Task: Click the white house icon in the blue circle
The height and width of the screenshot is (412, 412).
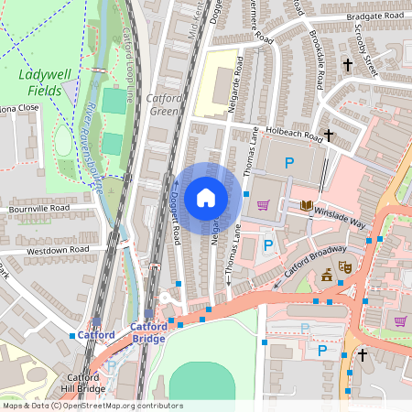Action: [206, 198]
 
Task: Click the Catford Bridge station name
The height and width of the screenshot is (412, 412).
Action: [147, 332]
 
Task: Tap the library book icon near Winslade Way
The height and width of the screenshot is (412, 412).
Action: [306, 205]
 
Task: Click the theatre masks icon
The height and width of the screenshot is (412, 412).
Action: [345, 266]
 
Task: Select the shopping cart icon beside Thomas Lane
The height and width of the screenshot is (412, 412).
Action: [264, 205]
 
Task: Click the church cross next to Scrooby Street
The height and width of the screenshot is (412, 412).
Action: [347, 65]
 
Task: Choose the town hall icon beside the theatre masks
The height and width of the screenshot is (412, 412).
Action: [327, 275]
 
